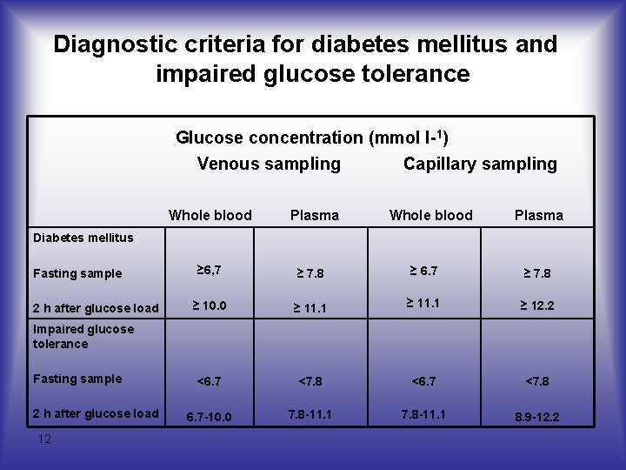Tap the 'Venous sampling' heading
pos(269,164)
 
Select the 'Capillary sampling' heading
pos(480,164)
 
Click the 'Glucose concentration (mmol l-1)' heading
pos(312,138)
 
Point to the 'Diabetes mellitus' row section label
pos(83,237)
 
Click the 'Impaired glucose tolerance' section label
pos(83,336)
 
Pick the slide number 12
pos(44,439)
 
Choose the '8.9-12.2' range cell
pos(536,417)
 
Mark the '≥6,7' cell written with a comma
pos(209,271)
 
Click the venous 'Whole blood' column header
pos(210,215)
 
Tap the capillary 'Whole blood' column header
pos(431,215)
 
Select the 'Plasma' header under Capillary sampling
pos(538,215)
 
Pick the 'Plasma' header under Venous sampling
pos(315,215)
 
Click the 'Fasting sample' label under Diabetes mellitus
pos(77,273)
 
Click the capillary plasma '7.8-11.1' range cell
pos(423,414)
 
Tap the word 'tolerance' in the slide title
pos(413,74)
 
